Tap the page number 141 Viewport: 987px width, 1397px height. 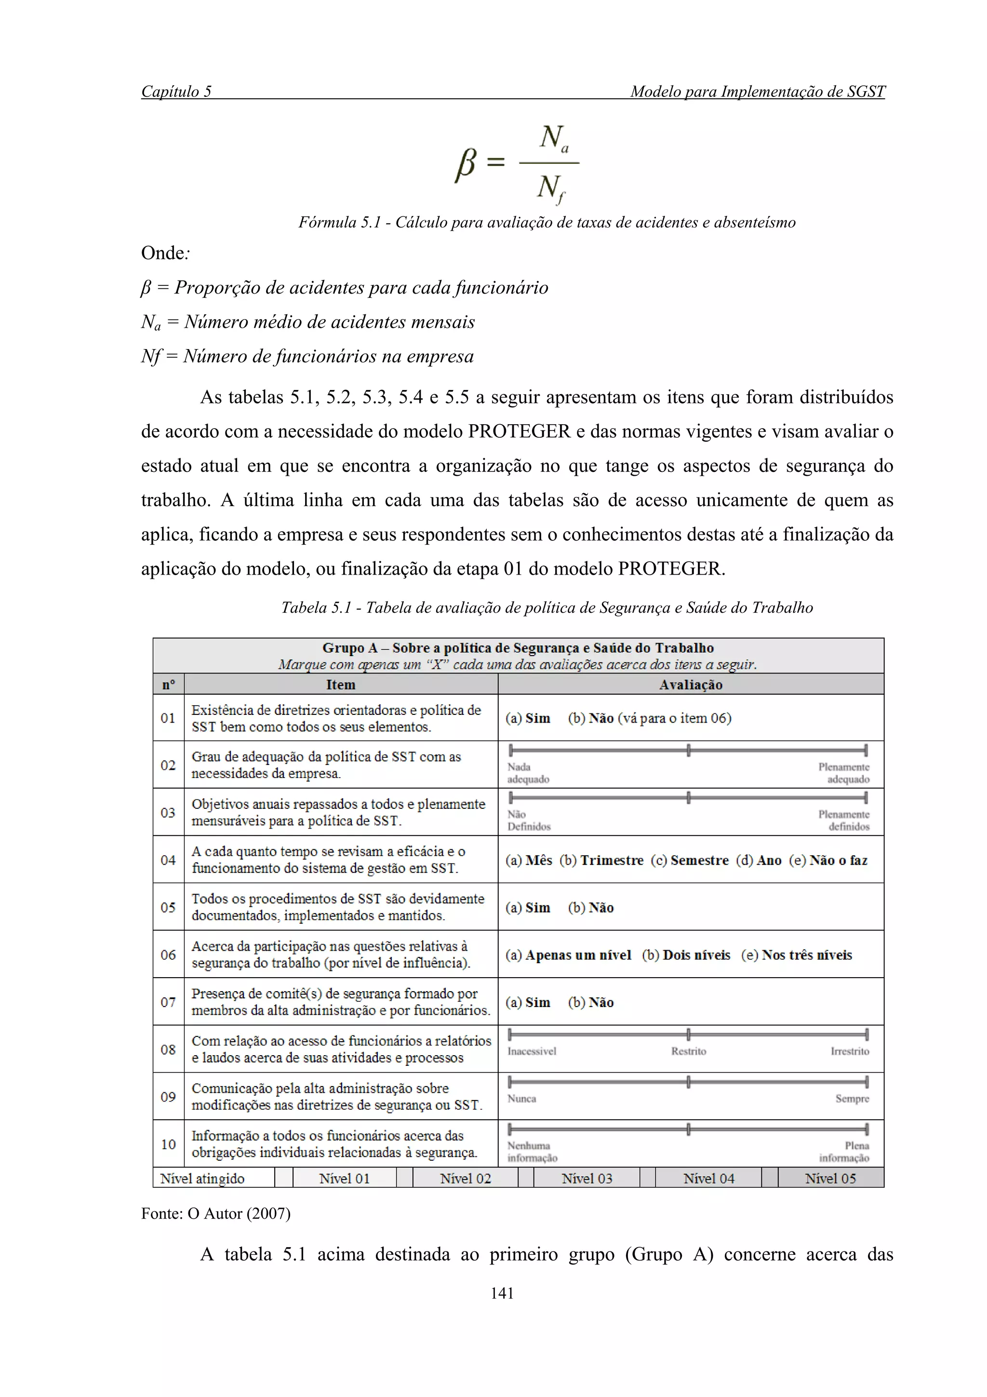tap(502, 1293)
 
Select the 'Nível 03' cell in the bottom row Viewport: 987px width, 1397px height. tap(586, 1179)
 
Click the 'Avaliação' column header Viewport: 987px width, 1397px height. tap(691, 685)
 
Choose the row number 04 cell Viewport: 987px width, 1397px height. tap(168, 860)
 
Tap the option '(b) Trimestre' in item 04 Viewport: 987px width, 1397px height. tap(601, 860)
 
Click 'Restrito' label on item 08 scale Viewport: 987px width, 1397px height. tap(688, 1051)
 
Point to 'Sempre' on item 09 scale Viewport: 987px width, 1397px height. tap(852, 1098)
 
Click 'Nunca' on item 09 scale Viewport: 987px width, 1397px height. tap(522, 1098)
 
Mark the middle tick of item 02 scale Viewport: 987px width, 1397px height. tap(688, 750)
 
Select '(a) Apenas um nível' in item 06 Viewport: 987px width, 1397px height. tap(568, 954)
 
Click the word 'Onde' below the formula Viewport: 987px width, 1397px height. tap(163, 253)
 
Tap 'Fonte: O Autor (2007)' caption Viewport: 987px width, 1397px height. tap(215, 1213)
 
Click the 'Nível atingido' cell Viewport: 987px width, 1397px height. tap(202, 1179)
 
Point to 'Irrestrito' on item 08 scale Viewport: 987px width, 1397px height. tap(850, 1051)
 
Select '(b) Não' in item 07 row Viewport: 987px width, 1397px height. tap(590, 1002)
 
